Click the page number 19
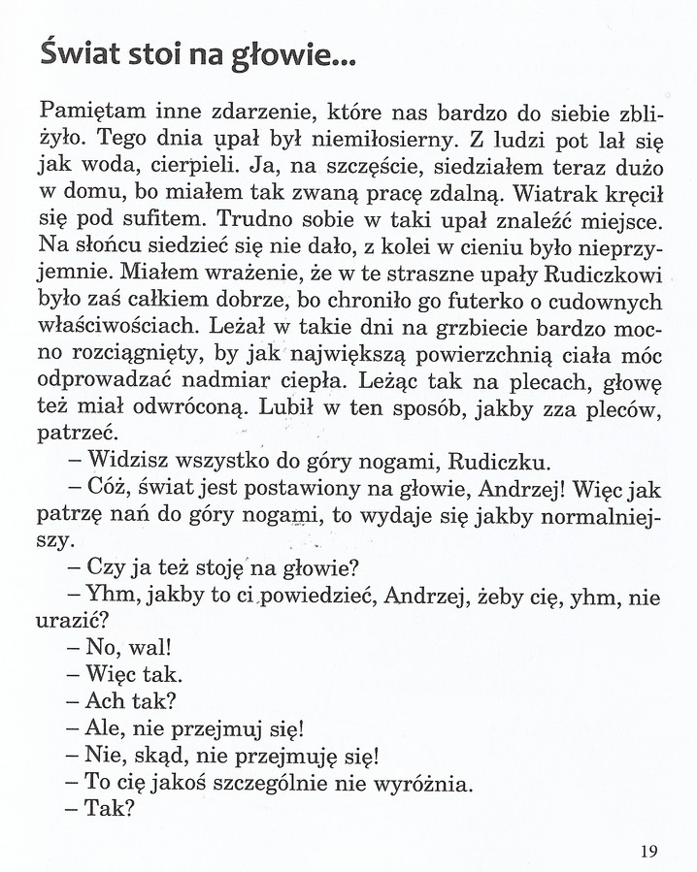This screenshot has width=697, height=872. (x=649, y=852)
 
